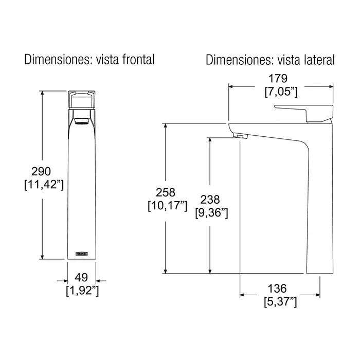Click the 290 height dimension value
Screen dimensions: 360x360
41,171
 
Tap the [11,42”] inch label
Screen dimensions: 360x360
44,184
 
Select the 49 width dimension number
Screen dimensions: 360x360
81,278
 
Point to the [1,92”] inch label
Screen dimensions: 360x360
82,291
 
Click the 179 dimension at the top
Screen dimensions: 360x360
278,79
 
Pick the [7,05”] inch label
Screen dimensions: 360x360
281,92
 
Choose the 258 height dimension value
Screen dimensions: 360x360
166,192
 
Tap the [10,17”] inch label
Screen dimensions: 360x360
168,206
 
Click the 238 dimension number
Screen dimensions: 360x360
210,200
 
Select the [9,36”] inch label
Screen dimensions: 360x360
212,213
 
